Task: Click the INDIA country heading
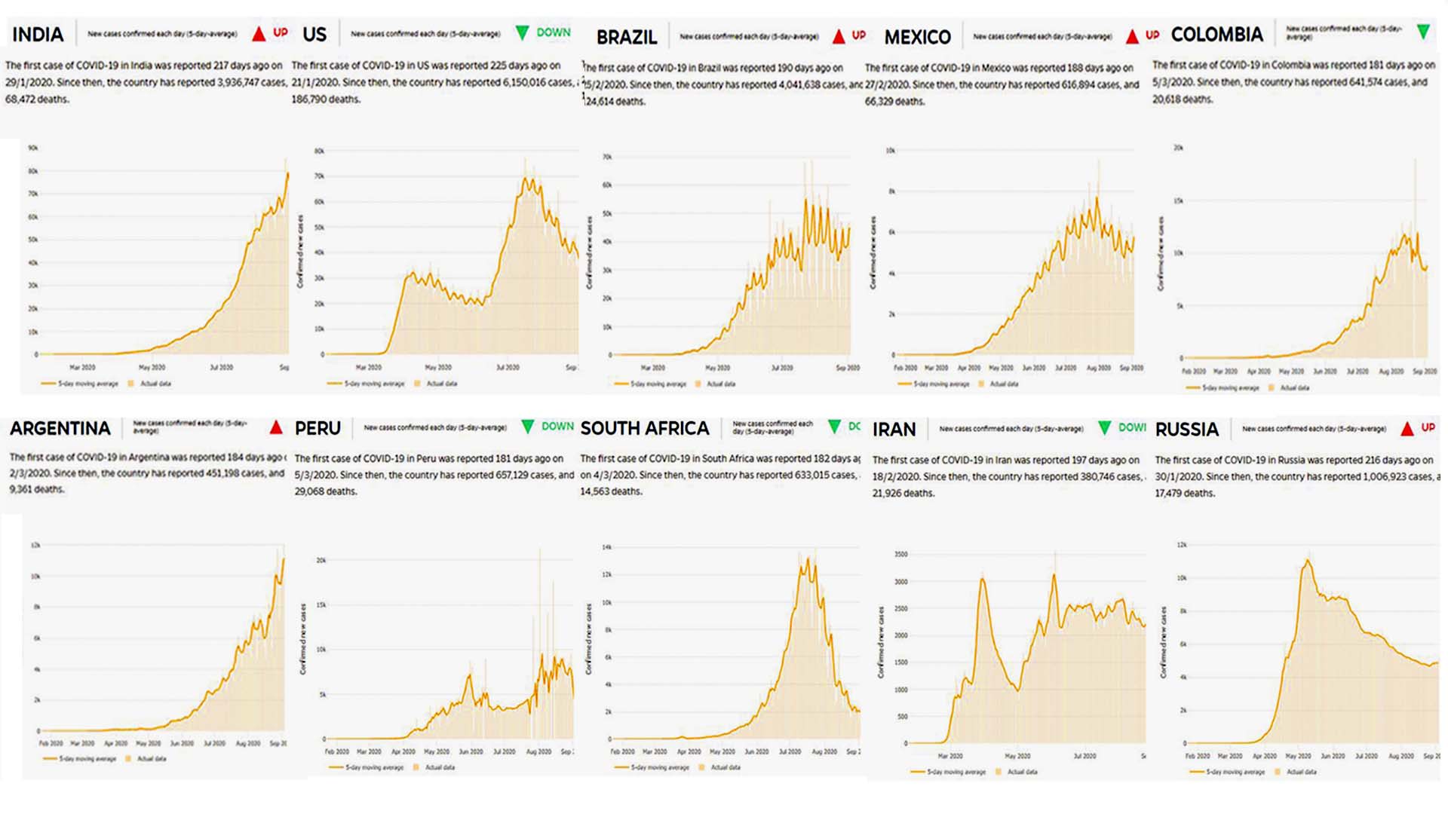pyautogui.click(x=38, y=35)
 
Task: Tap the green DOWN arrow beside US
pyautogui.click(x=522, y=32)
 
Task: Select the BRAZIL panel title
pyautogui.click(x=627, y=37)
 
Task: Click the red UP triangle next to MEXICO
pyautogui.click(x=1132, y=36)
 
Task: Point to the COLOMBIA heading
pyautogui.click(x=1216, y=35)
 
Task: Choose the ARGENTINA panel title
pyautogui.click(x=60, y=428)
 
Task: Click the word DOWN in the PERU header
pyautogui.click(x=557, y=427)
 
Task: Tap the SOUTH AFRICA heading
pyautogui.click(x=645, y=428)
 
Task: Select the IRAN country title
pyautogui.click(x=894, y=430)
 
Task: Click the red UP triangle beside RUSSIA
pyautogui.click(x=1407, y=429)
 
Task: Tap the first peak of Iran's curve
pyautogui.click(x=983, y=578)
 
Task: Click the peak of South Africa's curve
pyautogui.click(x=808, y=558)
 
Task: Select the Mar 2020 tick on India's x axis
pyautogui.click(x=82, y=368)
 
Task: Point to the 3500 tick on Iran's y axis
pyautogui.click(x=900, y=554)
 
